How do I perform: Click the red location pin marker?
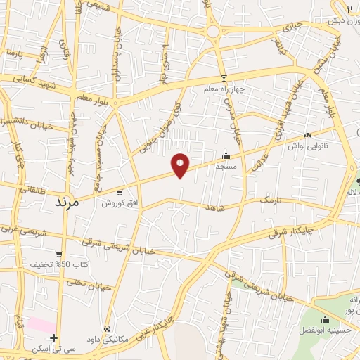[181, 165]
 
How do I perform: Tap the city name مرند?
[70, 201]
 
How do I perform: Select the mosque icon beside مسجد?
[225, 156]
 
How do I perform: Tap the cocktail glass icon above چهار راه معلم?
[224, 78]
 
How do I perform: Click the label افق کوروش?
[119, 202]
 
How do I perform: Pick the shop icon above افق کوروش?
[120, 192]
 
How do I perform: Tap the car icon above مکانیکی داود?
[107, 328]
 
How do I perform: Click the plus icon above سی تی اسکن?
[54, 337]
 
